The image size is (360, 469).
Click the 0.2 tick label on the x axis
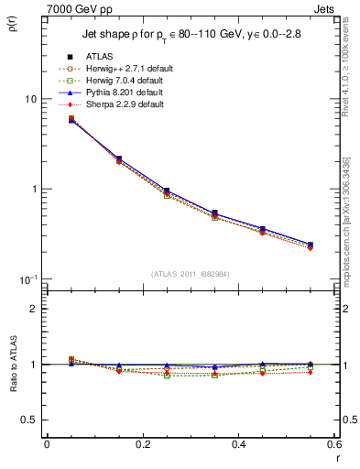(x=143, y=445)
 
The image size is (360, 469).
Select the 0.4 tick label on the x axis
(x=239, y=445)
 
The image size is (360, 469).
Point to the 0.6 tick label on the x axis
(x=333, y=445)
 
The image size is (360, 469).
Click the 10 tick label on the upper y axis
(x=29, y=99)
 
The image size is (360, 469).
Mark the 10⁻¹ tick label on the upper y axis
(x=27, y=278)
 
